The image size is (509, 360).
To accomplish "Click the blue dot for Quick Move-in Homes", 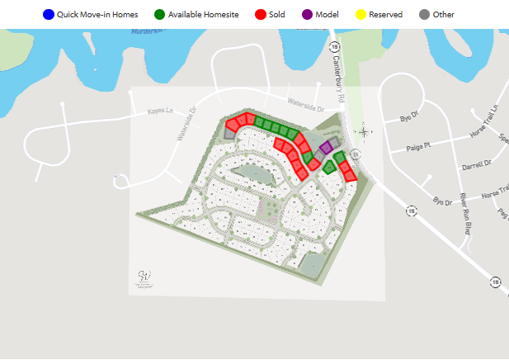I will tap(48, 15).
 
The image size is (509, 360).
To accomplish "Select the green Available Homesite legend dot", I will tap(159, 15).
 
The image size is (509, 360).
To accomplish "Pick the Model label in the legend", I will tap(327, 15).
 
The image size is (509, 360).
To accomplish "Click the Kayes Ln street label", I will tap(160, 110).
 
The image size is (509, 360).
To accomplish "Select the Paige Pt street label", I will tap(419, 148).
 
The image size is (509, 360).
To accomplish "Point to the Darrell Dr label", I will tap(476, 164).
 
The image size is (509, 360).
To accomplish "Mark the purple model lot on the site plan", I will tap(326, 147).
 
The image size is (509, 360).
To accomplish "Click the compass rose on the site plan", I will tap(364, 130).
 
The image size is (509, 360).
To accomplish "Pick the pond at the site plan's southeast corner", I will tap(313, 263).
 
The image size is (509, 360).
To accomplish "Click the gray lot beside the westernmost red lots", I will tap(230, 131).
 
